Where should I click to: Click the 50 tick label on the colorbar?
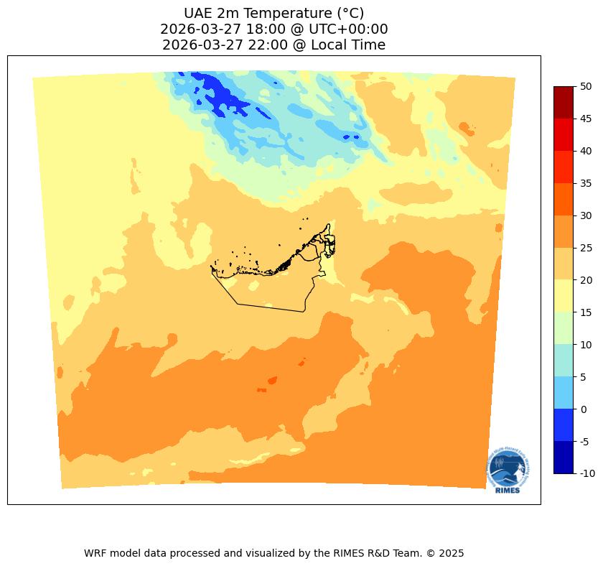click(x=586, y=86)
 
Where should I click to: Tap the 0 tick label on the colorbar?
click(x=584, y=409)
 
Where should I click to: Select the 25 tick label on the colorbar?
click(x=586, y=248)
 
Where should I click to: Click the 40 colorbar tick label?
click(x=586, y=151)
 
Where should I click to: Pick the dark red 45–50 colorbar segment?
click(x=564, y=102)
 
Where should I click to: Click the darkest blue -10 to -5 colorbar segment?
click(x=564, y=458)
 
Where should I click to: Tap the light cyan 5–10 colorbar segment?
click(x=564, y=361)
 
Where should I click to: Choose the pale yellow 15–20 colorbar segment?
click(x=564, y=296)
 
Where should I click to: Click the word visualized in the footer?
click(x=268, y=553)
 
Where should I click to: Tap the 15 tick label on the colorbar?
click(x=586, y=312)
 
